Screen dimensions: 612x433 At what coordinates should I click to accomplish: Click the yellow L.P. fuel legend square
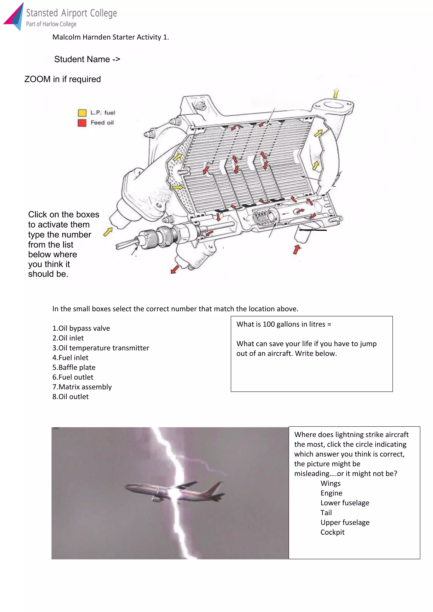pyautogui.click(x=82, y=113)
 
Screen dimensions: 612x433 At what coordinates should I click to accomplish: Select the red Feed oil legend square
pyautogui.click(x=82, y=123)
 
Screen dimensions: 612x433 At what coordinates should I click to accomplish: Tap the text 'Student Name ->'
pyautogui.click(x=87, y=59)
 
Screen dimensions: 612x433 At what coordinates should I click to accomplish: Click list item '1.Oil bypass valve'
pyautogui.click(x=81, y=328)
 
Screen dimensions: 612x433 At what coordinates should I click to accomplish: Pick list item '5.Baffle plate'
pyautogui.click(x=74, y=367)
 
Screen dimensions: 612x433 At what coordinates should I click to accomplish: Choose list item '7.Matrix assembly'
pyautogui.click(x=82, y=387)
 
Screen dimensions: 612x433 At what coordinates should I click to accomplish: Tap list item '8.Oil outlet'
pyautogui.click(x=70, y=397)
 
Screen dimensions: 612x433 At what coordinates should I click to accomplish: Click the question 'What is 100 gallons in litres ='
pyautogui.click(x=284, y=324)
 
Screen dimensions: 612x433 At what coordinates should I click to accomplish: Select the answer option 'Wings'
pyautogui.click(x=330, y=483)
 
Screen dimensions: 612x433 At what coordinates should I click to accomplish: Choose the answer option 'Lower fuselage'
pyautogui.click(x=345, y=503)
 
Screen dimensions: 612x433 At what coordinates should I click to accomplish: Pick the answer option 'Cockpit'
pyautogui.click(x=332, y=532)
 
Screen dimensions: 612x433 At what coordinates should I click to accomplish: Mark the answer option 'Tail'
pyautogui.click(x=326, y=513)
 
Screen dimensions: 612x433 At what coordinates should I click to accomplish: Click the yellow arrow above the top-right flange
pyautogui.click(x=336, y=93)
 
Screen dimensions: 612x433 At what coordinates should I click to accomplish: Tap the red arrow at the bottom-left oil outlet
pyautogui.click(x=175, y=269)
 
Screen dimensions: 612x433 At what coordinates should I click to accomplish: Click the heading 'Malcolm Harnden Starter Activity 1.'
pyautogui.click(x=111, y=37)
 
